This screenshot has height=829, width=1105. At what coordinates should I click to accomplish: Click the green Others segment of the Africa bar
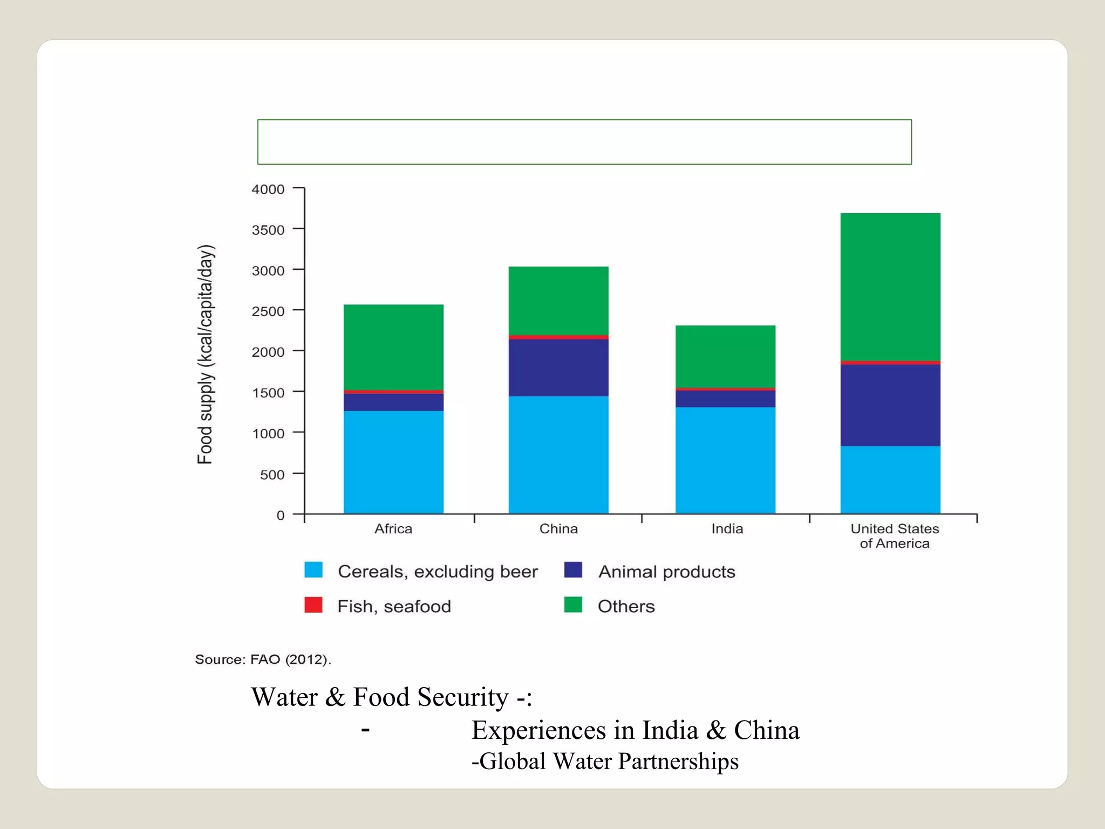393,346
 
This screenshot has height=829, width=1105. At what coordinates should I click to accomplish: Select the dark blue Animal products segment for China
558,368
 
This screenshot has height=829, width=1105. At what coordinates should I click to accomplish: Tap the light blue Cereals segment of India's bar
725,460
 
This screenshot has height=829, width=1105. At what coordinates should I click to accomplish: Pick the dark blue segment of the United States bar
890,405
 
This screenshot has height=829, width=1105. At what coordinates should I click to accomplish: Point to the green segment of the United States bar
890,287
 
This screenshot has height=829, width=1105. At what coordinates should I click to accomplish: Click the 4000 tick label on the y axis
268,189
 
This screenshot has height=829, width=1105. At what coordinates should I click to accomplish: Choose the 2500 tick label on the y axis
268,311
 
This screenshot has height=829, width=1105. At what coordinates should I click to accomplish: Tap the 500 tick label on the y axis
272,475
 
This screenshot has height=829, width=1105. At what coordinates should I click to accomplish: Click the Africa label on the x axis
393,529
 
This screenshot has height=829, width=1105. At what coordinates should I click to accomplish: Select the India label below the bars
727,529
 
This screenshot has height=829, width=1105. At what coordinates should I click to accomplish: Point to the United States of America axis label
895,536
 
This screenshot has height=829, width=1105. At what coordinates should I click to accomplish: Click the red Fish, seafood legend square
313,605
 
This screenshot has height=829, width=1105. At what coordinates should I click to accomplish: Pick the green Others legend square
573,605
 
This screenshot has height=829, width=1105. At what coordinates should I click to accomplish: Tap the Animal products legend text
666,572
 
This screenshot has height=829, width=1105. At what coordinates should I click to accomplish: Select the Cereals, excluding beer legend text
438,572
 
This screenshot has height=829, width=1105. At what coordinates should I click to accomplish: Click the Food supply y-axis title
206,354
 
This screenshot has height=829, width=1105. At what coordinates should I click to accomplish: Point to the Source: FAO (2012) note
263,660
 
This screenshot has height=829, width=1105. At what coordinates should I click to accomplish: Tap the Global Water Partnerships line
605,762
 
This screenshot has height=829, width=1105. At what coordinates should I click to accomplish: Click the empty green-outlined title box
584,142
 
